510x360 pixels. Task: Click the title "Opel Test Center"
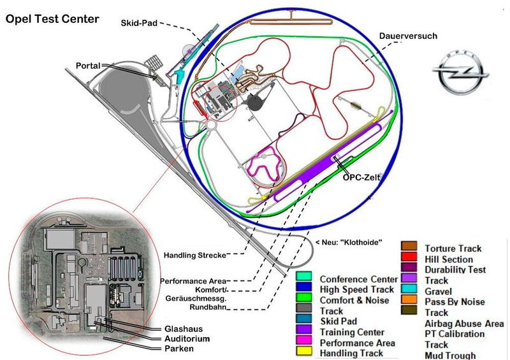(52, 18)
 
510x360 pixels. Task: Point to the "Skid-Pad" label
(140, 23)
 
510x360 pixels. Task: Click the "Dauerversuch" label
(408, 36)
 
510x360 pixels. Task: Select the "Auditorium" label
(187, 339)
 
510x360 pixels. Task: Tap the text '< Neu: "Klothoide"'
(350, 243)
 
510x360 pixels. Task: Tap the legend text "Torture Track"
(453, 248)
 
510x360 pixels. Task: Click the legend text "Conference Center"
(361, 279)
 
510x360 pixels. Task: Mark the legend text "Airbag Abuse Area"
(464, 324)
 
